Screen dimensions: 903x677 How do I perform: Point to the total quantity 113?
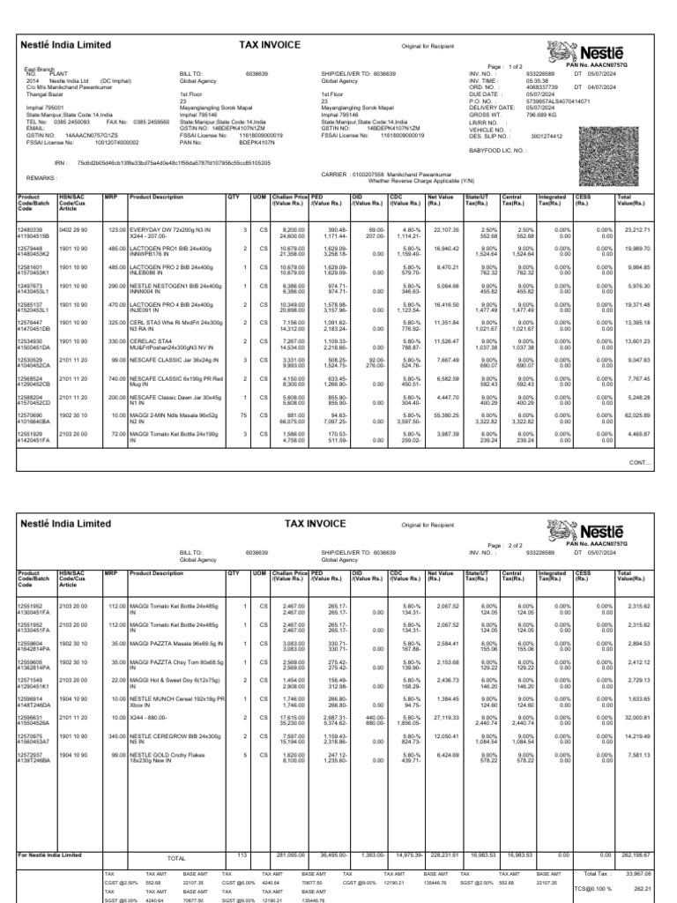tap(242, 854)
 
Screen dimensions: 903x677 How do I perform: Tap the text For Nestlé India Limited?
tap(50, 854)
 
